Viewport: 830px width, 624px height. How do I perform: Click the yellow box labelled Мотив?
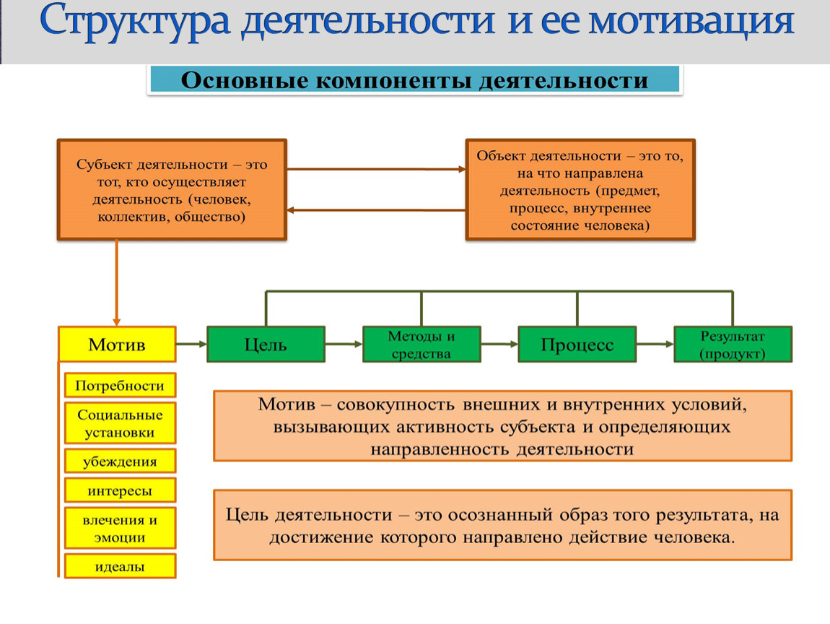point(117,344)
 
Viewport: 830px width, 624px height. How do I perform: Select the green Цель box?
point(266,344)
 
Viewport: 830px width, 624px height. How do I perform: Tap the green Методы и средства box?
point(421,344)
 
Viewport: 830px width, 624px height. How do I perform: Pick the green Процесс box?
point(577,344)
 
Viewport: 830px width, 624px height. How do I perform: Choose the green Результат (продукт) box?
point(733,344)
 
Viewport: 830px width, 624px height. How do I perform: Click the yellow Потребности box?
point(120,386)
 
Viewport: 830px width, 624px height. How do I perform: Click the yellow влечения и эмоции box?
point(120,528)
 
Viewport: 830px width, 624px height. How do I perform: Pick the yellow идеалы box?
point(120,567)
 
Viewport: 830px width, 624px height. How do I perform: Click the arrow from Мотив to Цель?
point(191,344)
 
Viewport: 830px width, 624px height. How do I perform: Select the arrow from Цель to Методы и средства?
point(344,344)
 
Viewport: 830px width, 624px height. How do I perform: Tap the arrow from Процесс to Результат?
point(655,344)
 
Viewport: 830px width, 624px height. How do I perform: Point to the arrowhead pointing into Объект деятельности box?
point(460,169)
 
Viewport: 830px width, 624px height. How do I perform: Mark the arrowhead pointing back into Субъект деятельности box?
point(292,210)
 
